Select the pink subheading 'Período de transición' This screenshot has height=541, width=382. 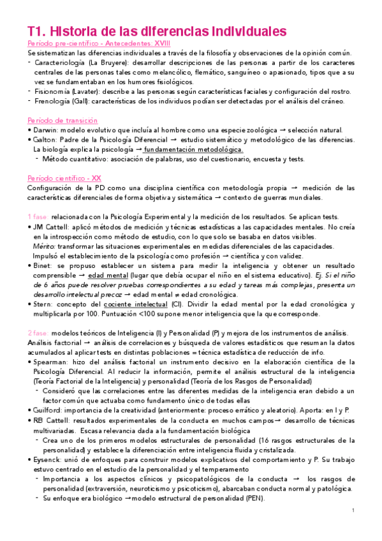pyautogui.click(x=53, y=121)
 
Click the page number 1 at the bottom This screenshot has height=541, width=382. pyautogui.click(x=353, y=512)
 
